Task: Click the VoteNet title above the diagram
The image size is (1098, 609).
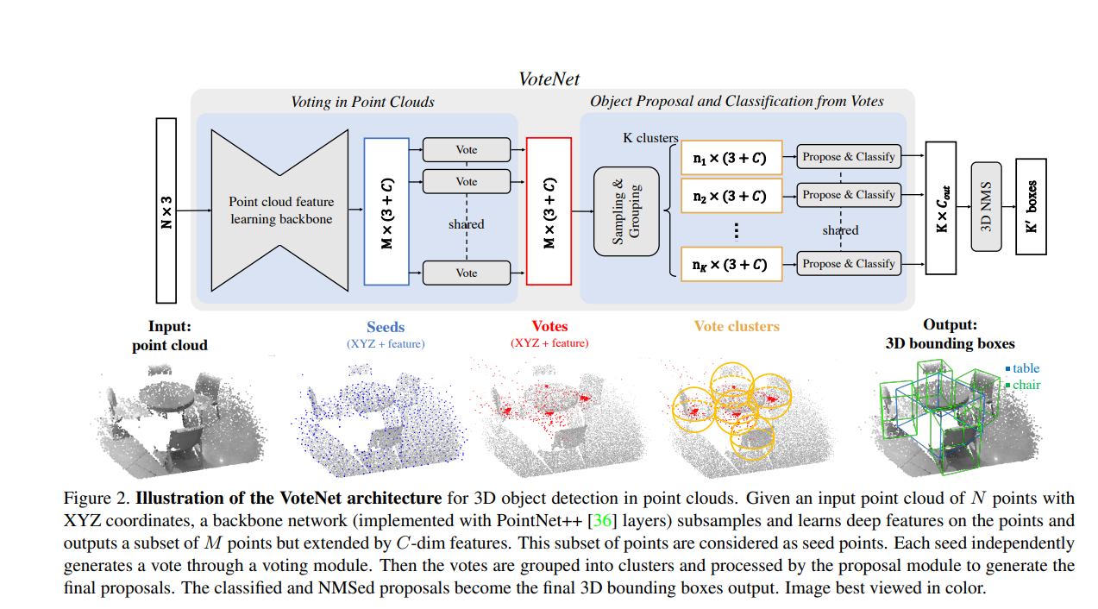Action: click(549, 78)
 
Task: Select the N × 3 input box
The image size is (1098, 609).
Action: click(166, 210)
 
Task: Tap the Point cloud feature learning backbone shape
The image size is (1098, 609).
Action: click(280, 210)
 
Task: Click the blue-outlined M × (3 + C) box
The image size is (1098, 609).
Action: click(387, 210)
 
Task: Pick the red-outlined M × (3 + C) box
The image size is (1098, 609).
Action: click(549, 210)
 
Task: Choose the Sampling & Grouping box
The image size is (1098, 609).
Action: click(626, 210)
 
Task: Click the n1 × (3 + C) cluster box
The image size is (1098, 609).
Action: click(731, 158)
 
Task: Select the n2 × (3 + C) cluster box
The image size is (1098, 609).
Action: click(731, 196)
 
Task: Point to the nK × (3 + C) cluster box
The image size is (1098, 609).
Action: click(731, 264)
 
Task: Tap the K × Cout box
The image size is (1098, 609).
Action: click(941, 208)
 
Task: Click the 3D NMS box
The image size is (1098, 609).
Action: click(987, 207)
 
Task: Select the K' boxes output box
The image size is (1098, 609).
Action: click(1031, 206)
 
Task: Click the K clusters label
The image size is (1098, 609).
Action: click(650, 138)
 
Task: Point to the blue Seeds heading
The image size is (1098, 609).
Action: click(386, 327)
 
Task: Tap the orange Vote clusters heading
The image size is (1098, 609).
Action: click(737, 327)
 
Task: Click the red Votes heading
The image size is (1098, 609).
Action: click(549, 327)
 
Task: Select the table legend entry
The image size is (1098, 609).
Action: click(1023, 368)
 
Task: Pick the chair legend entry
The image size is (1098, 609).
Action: click(1023, 385)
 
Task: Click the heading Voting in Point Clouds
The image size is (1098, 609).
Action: click(362, 102)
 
